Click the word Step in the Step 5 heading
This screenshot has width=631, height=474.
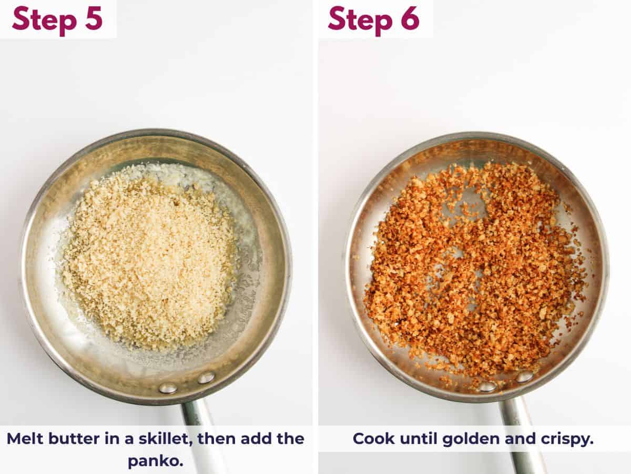[43, 19]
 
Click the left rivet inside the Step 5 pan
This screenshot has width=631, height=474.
[168, 388]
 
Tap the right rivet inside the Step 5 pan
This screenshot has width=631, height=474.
[206, 377]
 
